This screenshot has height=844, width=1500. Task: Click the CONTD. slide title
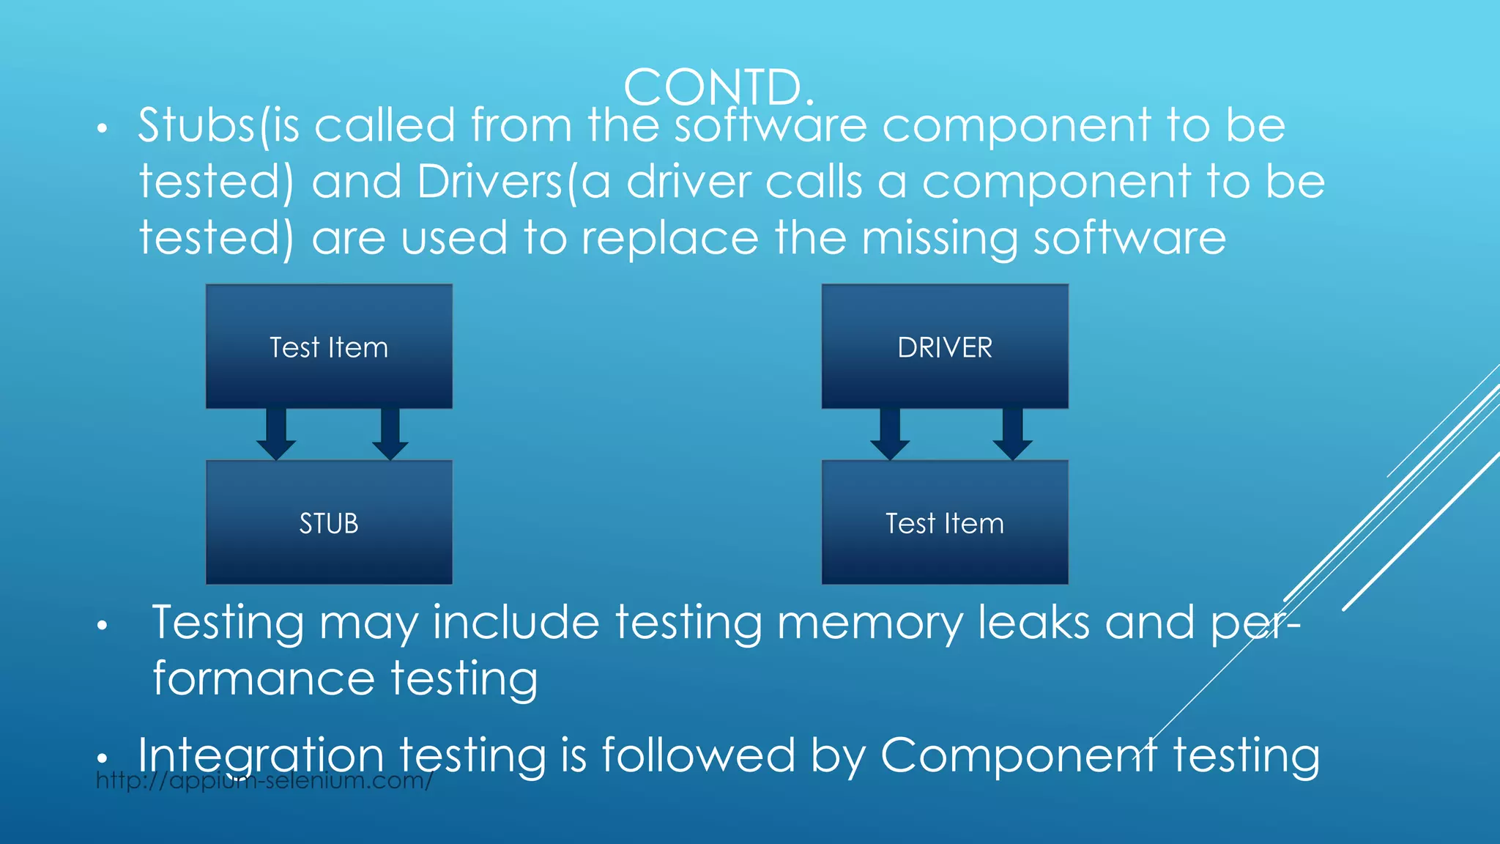click(718, 87)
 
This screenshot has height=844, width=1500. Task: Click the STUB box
click(329, 522)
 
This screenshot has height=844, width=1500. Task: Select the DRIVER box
click(945, 347)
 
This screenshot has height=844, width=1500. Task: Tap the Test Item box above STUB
click(329, 347)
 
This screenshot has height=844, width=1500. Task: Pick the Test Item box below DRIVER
click(945, 522)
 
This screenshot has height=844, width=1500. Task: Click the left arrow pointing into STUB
click(276, 434)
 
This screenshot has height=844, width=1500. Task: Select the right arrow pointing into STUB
click(390, 434)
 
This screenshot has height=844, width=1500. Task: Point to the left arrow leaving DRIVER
click(890, 434)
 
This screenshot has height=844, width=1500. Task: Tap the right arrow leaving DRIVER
click(1012, 434)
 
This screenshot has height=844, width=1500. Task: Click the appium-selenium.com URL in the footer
click(264, 781)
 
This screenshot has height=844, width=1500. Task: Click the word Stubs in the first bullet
click(196, 125)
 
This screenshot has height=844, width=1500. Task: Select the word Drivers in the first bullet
click(489, 182)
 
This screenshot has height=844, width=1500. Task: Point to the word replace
click(669, 239)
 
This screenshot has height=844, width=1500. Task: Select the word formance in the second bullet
click(263, 678)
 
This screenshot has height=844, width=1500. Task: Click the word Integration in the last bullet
click(261, 755)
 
